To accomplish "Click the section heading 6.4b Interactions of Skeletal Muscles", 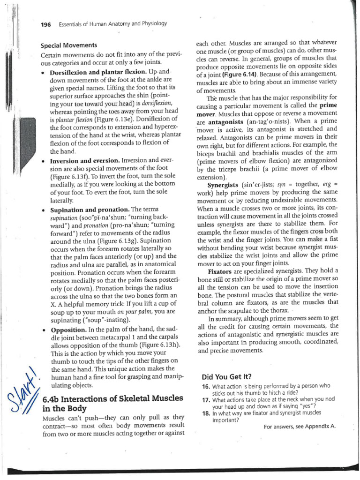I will (112, 398).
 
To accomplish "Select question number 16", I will (206, 386).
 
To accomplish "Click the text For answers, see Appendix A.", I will (300, 427).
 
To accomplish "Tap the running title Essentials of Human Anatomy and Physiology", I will (113, 24).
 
